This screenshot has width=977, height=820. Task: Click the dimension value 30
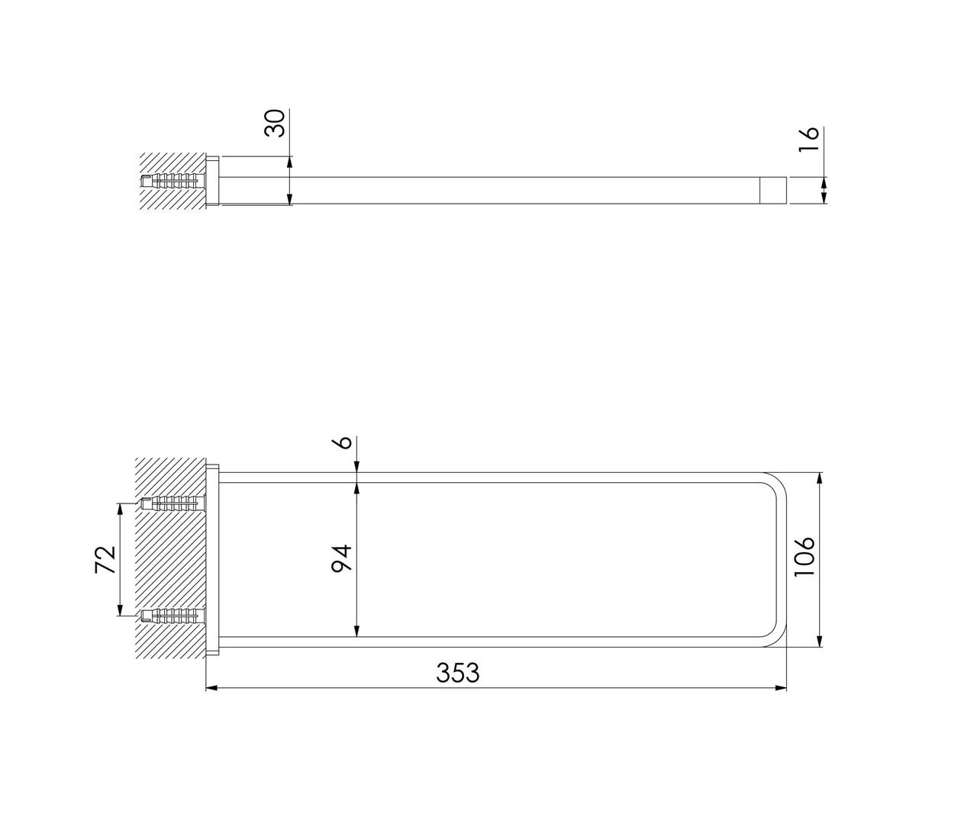click(x=275, y=123)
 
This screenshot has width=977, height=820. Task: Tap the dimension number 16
click(x=808, y=139)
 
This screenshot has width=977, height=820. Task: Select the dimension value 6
click(x=344, y=442)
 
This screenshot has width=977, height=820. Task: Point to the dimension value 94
click(x=341, y=558)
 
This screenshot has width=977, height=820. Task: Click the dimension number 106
click(x=804, y=557)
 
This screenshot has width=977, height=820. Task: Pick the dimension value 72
click(x=105, y=559)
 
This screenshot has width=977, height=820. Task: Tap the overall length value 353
click(x=458, y=673)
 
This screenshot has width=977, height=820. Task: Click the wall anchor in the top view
click(x=173, y=181)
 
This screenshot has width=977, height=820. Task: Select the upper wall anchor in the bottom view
click(x=173, y=503)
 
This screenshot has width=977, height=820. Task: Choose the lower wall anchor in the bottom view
click(x=173, y=616)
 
